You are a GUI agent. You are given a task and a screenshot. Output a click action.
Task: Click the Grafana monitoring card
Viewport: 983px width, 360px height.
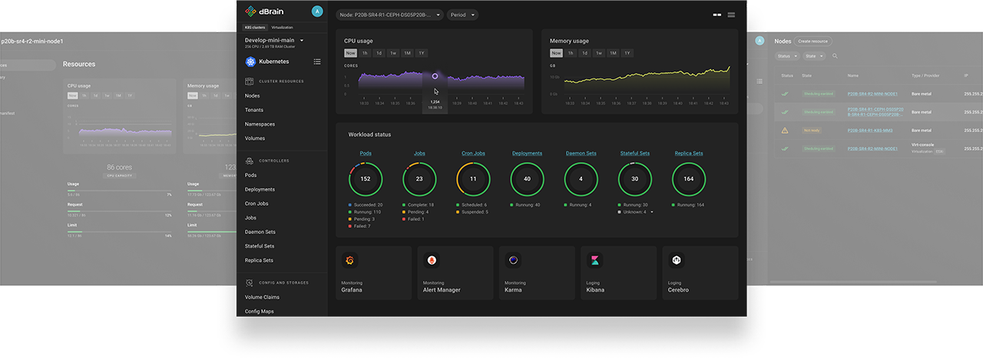click(373, 273)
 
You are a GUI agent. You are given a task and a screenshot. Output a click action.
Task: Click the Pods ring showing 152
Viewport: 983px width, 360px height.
click(366, 179)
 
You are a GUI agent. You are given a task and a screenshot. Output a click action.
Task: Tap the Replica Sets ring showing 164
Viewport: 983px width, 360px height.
click(688, 179)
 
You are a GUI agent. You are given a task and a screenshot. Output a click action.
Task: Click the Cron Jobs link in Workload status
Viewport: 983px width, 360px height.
click(473, 154)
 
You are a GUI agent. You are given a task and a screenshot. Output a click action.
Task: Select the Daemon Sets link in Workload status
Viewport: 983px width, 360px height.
click(581, 154)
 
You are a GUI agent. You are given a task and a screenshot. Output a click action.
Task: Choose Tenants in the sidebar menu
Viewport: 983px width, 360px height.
click(254, 110)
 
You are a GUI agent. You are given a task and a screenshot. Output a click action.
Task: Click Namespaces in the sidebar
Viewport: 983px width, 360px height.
click(260, 124)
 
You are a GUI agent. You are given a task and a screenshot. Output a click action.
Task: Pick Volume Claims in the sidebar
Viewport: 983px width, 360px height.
click(262, 297)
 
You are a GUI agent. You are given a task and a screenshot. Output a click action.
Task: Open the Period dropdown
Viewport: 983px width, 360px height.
click(462, 15)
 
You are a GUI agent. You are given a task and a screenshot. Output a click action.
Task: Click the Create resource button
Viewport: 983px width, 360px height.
click(813, 41)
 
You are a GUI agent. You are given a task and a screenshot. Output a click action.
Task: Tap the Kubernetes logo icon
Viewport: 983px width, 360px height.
click(250, 61)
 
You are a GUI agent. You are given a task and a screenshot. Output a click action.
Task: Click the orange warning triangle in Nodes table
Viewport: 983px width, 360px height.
click(785, 130)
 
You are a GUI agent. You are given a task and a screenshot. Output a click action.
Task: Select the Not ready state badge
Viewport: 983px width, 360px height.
click(811, 130)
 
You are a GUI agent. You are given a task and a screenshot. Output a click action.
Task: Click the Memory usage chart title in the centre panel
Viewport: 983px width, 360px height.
click(570, 41)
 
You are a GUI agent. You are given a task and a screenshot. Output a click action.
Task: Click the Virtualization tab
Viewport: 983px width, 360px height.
click(282, 28)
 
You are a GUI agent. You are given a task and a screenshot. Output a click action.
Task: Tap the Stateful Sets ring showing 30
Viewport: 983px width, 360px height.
click(634, 179)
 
